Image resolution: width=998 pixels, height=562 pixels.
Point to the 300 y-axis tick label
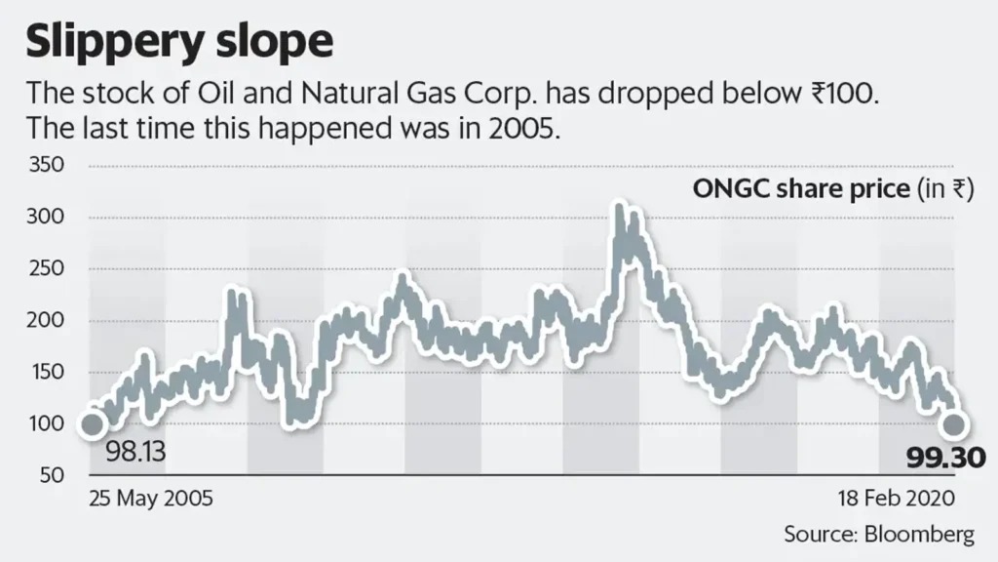49,218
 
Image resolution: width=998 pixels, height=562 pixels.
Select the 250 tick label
49,269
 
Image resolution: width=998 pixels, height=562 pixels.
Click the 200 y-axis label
49,321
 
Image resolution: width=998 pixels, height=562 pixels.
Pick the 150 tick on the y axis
49,373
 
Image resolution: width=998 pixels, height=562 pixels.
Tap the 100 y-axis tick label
49,424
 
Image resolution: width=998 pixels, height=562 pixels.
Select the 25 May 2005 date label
150,499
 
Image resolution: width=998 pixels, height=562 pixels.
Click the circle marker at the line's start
92,424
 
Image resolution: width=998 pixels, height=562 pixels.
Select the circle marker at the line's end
953,424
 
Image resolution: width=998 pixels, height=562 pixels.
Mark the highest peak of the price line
618,207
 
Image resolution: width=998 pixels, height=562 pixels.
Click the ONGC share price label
799,189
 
